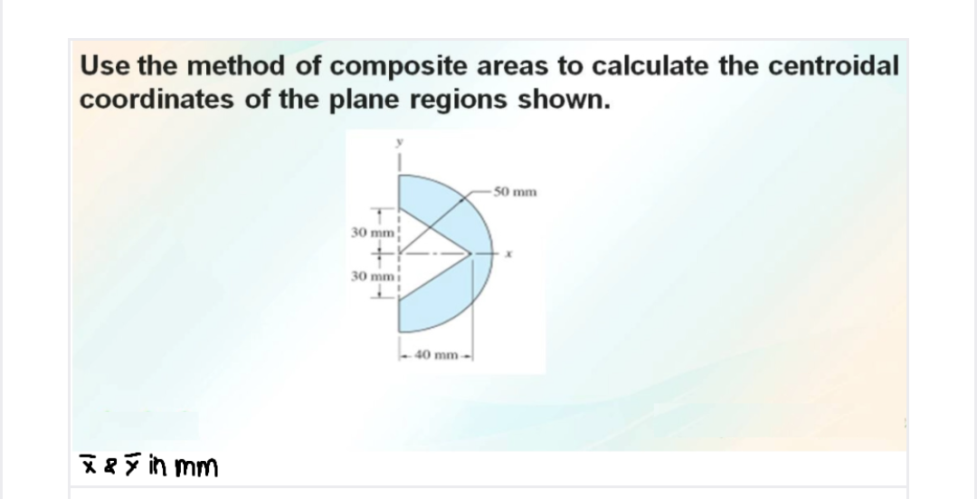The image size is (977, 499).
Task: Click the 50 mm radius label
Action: pos(519,192)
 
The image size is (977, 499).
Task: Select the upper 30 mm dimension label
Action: pos(369,233)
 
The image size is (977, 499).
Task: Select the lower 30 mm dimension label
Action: pos(369,275)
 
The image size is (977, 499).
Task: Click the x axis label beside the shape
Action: pos(511,257)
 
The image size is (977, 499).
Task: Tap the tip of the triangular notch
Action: pos(472,254)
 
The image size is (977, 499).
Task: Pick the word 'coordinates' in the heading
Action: pos(143,98)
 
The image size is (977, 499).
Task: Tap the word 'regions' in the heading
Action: pos(461,98)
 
